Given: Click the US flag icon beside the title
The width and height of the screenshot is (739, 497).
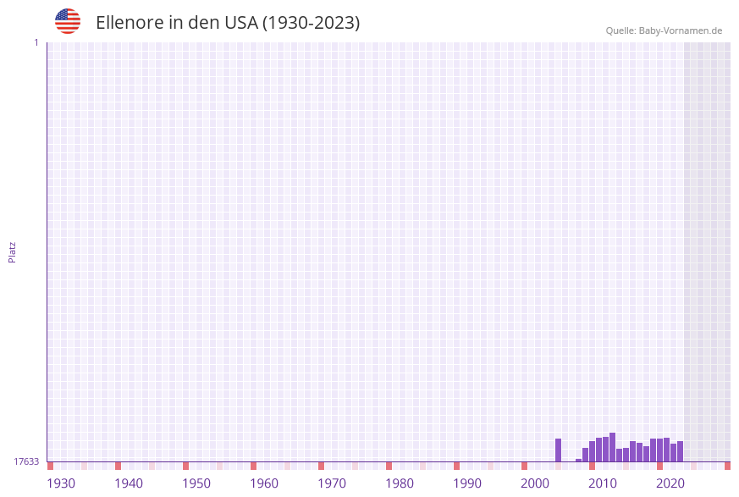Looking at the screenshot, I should coord(68,21).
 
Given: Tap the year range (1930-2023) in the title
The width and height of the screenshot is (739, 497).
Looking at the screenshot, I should coord(312,23).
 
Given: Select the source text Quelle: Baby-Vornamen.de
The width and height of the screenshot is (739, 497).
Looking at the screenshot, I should coord(664,30).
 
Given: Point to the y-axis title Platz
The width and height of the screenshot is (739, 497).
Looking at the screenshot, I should coord(12,252).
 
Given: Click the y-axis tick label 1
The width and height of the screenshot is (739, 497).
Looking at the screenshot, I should coord(36,42).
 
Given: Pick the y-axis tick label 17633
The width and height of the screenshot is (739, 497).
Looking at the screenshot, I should coord(26,461).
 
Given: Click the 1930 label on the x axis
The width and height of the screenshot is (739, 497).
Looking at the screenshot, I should coord(61,483).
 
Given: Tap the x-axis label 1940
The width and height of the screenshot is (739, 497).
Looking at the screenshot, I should coord(129,483).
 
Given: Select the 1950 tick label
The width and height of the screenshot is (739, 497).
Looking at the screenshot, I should coord(196,483).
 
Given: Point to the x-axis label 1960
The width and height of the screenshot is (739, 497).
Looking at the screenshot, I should coord(264,483).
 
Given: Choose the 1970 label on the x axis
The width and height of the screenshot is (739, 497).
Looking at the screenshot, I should coord(332,483).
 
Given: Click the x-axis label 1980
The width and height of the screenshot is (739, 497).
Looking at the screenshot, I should coord(400,483).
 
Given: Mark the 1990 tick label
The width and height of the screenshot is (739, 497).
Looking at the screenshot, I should coord(467,483).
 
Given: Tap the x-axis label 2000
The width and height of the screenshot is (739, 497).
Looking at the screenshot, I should coord(535,483).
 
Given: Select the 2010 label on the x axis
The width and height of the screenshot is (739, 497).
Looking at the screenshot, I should coord(603,483).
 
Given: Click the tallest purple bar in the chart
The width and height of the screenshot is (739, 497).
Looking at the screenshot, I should coord(612,447).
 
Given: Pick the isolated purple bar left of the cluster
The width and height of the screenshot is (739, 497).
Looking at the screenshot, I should coord(558,450).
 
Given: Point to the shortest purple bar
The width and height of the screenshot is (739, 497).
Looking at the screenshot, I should coord(578,460).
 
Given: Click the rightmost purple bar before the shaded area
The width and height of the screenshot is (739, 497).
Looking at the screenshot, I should coord(680,451).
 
